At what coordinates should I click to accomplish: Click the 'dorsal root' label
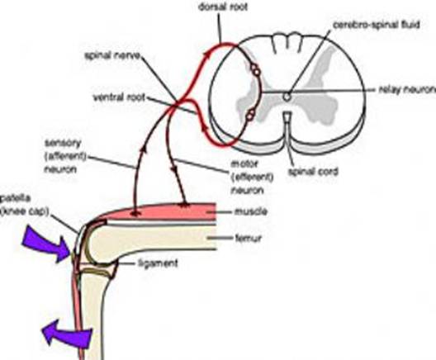tap(223, 7)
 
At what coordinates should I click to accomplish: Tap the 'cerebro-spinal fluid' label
tap(376, 25)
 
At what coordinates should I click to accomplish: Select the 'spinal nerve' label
tap(112, 55)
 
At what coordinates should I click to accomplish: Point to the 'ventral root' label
tap(119, 97)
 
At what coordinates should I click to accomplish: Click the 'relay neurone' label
tap(407, 89)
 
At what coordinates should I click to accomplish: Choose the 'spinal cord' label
tap(314, 172)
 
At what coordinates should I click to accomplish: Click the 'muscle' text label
tap(251, 212)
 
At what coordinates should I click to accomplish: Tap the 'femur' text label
tap(249, 239)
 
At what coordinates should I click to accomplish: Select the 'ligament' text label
tap(158, 263)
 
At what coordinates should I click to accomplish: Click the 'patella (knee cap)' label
tap(25, 206)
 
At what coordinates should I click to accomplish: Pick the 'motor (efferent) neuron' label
tap(252, 177)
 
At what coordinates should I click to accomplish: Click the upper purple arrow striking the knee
tap(46, 244)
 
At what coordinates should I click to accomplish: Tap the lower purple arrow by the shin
tap(67, 334)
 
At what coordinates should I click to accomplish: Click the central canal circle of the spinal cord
tap(287, 97)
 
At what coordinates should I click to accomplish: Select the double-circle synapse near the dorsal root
tap(255, 69)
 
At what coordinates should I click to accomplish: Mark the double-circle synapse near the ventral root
tap(250, 114)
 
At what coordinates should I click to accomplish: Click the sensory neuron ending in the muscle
tap(135, 214)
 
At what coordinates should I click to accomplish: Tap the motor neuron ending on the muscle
tap(184, 205)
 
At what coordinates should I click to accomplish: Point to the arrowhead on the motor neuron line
tap(175, 169)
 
